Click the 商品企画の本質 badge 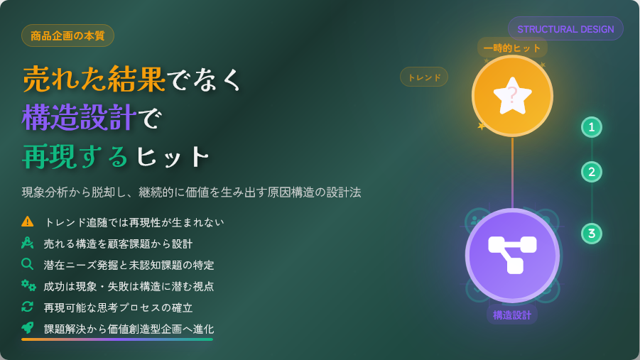(67, 36)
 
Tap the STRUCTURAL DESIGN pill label (565, 29)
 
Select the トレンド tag (424, 77)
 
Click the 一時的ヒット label (512, 48)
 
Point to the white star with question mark (512, 96)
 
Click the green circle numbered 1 (592, 127)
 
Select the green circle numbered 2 (592, 172)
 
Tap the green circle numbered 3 (592, 234)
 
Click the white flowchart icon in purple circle (512, 255)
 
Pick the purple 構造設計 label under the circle (512, 315)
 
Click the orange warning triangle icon (27, 222)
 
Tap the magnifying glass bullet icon (27, 264)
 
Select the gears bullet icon (28, 285)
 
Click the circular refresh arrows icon (27, 307)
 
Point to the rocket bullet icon (27, 327)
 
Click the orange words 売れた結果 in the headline (94, 80)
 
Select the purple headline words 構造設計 (79, 118)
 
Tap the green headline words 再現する (75, 156)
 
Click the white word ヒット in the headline (173, 157)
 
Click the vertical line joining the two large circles (512, 173)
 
